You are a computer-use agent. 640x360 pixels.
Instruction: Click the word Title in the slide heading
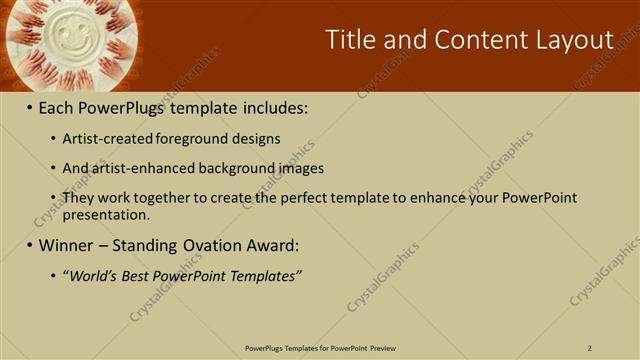click(350, 40)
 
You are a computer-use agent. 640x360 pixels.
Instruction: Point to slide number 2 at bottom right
click(590, 348)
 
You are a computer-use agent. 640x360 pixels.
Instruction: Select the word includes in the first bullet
click(275, 107)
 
